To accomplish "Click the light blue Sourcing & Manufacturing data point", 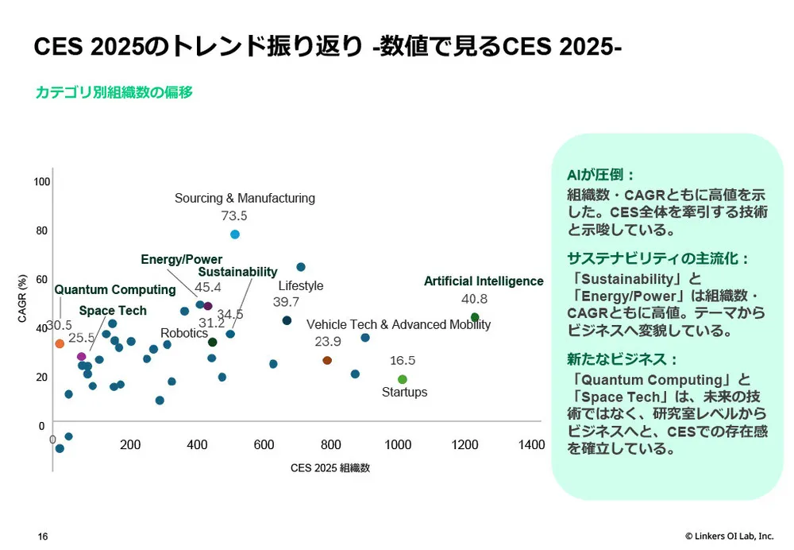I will [x=235, y=234].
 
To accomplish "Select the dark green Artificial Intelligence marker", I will [x=475, y=317].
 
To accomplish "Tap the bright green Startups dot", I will [x=403, y=379].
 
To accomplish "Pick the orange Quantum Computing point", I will [x=60, y=343].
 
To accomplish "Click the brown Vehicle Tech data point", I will [x=327, y=360].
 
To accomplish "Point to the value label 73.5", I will [x=234, y=215].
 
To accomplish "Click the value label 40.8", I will [x=475, y=299].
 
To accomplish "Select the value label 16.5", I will [x=403, y=360].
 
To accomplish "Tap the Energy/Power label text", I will [x=181, y=259].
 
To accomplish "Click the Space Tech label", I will [x=113, y=310].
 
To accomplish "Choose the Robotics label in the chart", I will [x=184, y=333].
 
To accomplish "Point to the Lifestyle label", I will [x=301, y=285].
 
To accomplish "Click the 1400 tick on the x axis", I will [x=532, y=444].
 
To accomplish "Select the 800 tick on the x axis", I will [x=331, y=444].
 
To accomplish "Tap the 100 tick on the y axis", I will [x=41, y=182].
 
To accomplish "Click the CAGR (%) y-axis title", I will [x=23, y=299].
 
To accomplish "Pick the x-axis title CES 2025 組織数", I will [x=330, y=468].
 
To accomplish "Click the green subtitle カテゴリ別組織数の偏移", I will [x=114, y=92].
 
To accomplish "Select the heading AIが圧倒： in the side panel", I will [x=601, y=176].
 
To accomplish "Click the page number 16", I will [x=43, y=536].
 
